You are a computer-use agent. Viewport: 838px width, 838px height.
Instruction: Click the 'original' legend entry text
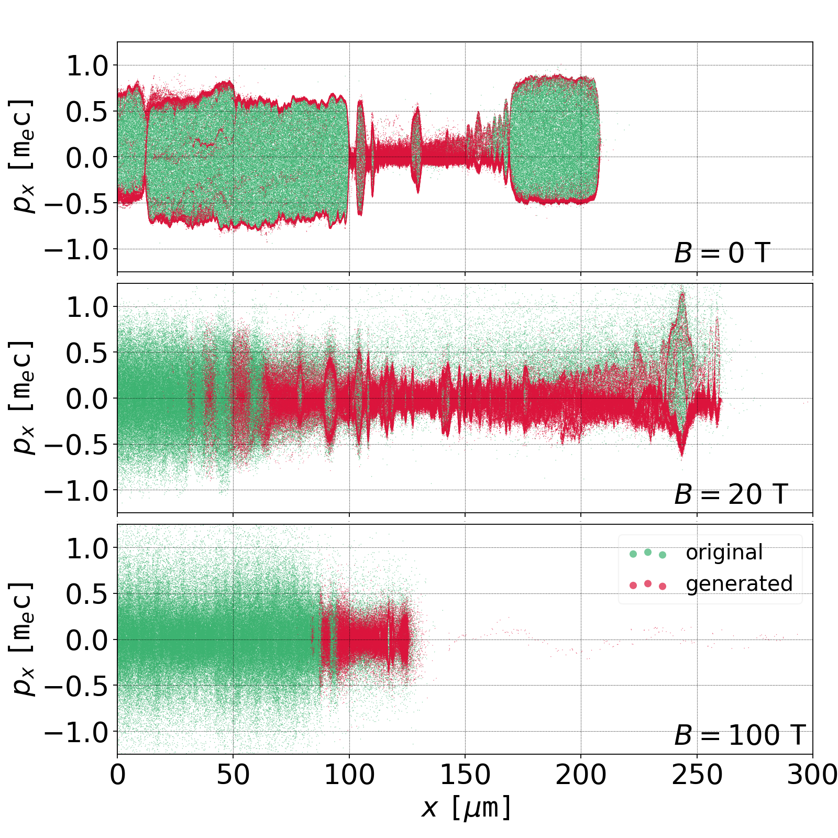(x=724, y=553)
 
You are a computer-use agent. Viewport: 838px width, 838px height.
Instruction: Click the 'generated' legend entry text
(x=739, y=583)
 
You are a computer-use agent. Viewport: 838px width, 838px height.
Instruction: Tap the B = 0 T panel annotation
(x=722, y=253)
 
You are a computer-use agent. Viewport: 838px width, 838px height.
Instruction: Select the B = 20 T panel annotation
(x=731, y=494)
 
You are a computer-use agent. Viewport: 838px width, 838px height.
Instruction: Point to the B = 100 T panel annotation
(x=739, y=735)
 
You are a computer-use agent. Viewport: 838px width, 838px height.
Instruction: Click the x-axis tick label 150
(x=465, y=775)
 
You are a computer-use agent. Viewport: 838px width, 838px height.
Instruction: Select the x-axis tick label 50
(x=233, y=775)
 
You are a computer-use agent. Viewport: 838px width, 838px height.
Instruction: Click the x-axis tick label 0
(x=118, y=775)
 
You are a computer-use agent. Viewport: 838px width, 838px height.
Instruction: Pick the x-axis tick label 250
(x=697, y=775)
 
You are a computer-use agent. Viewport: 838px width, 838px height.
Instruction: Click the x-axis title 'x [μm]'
(x=465, y=808)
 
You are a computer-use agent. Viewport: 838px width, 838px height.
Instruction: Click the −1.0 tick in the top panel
(x=76, y=249)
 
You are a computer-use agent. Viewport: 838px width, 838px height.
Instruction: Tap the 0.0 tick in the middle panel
(x=86, y=399)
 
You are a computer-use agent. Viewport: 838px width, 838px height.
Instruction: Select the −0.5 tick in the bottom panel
(x=76, y=686)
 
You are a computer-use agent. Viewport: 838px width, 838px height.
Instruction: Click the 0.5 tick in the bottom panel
(x=86, y=594)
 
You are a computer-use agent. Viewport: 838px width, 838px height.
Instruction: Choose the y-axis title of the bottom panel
(x=22, y=639)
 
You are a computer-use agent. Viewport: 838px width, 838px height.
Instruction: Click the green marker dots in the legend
(x=648, y=553)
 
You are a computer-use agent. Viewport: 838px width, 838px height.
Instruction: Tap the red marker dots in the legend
(x=648, y=585)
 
